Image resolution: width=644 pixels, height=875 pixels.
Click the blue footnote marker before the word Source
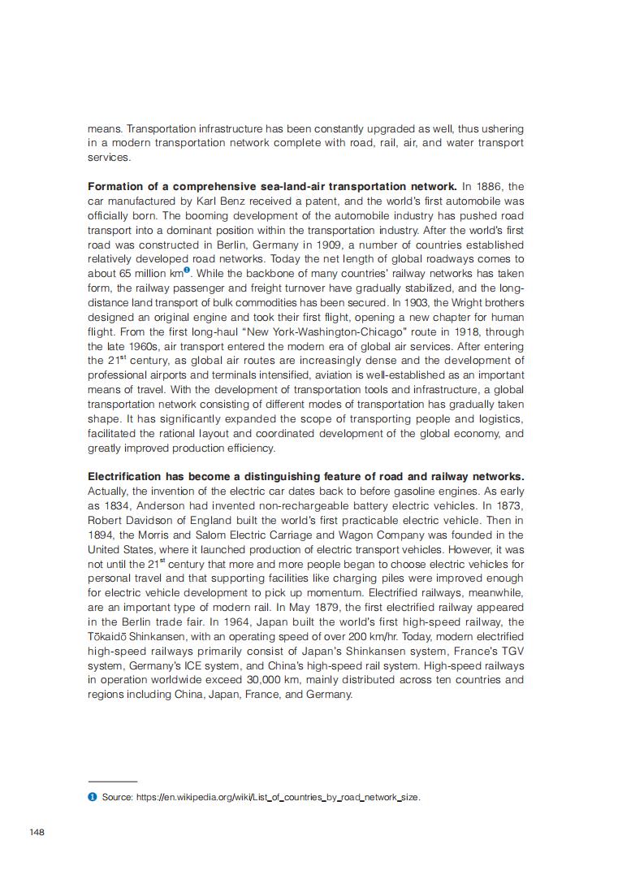(92, 797)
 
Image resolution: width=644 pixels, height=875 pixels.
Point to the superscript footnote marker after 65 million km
(187, 270)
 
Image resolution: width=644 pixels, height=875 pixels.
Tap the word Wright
(443, 302)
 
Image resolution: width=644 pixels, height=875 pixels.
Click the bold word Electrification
(124, 476)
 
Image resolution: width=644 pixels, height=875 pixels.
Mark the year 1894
(102, 535)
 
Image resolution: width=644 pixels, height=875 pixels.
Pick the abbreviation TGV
(512, 652)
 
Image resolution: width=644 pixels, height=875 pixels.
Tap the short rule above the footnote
(112, 782)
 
